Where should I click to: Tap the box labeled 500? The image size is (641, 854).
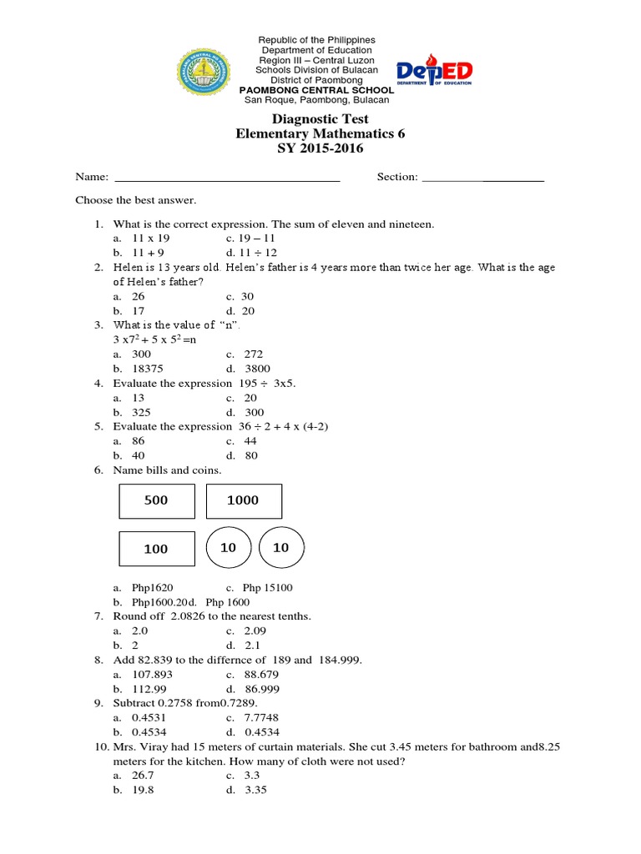click(x=157, y=500)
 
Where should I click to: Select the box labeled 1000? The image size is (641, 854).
click(x=243, y=500)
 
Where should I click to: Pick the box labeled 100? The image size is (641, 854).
click(x=156, y=549)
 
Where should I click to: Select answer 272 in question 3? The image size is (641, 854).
click(x=250, y=354)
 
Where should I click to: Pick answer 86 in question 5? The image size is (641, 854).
click(x=138, y=441)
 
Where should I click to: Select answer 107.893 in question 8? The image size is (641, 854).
click(x=152, y=675)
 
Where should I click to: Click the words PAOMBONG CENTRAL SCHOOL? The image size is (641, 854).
click(x=316, y=90)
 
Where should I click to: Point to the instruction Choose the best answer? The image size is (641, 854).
click(x=136, y=200)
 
